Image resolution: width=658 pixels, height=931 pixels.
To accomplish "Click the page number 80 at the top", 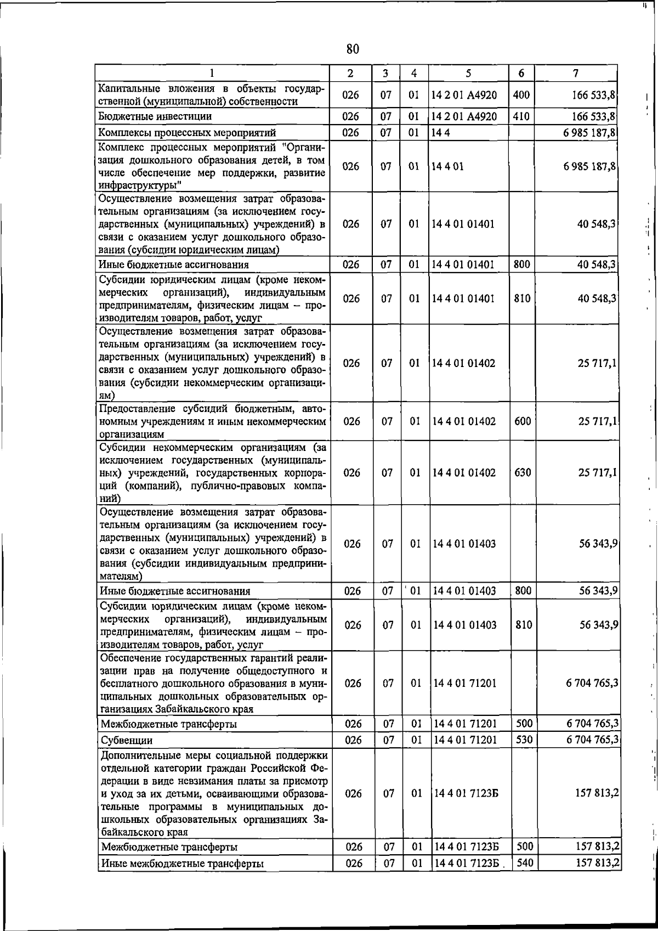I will (x=353, y=49).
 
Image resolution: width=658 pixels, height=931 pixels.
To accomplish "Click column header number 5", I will (x=468, y=73).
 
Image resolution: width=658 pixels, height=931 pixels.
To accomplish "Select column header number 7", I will (x=575, y=73).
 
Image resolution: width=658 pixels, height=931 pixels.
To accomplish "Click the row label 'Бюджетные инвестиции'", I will (x=155, y=116).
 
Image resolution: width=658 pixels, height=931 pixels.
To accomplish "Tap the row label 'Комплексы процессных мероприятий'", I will (x=187, y=133).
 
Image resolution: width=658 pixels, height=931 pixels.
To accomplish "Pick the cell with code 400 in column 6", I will (x=521, y=94).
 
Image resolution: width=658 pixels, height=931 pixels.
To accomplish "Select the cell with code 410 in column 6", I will (x=521, y=116).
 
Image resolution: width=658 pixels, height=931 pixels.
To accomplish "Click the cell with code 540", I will (x=525, y=863).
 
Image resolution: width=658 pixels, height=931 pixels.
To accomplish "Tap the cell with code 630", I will (x=523, y=472).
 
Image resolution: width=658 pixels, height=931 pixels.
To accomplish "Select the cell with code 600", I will (x=523, y=421).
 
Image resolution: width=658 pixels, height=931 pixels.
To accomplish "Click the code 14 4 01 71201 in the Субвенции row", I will (x=465, y=740).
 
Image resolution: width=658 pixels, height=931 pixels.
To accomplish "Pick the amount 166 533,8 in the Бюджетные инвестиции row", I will (x=593, y=116).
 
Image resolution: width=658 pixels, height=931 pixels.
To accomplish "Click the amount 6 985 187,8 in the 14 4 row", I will (x=589, y=133).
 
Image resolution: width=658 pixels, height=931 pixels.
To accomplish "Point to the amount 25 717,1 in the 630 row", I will (x=597, y=472).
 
